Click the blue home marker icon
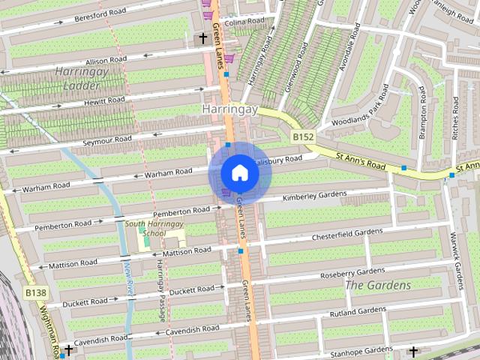coord(239,173)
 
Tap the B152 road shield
coord(302,137)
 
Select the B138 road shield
coord(35,292)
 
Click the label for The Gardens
coord(377,286)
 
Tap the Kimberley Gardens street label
coord(314,196)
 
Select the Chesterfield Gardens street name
coord(346,235)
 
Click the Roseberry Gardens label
coord(352,273)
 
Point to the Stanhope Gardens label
coord(361,350)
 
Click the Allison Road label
coord(106,60)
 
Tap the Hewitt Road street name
coord(104,100)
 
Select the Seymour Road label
coord(107,139)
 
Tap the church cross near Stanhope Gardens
coord(412,350)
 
